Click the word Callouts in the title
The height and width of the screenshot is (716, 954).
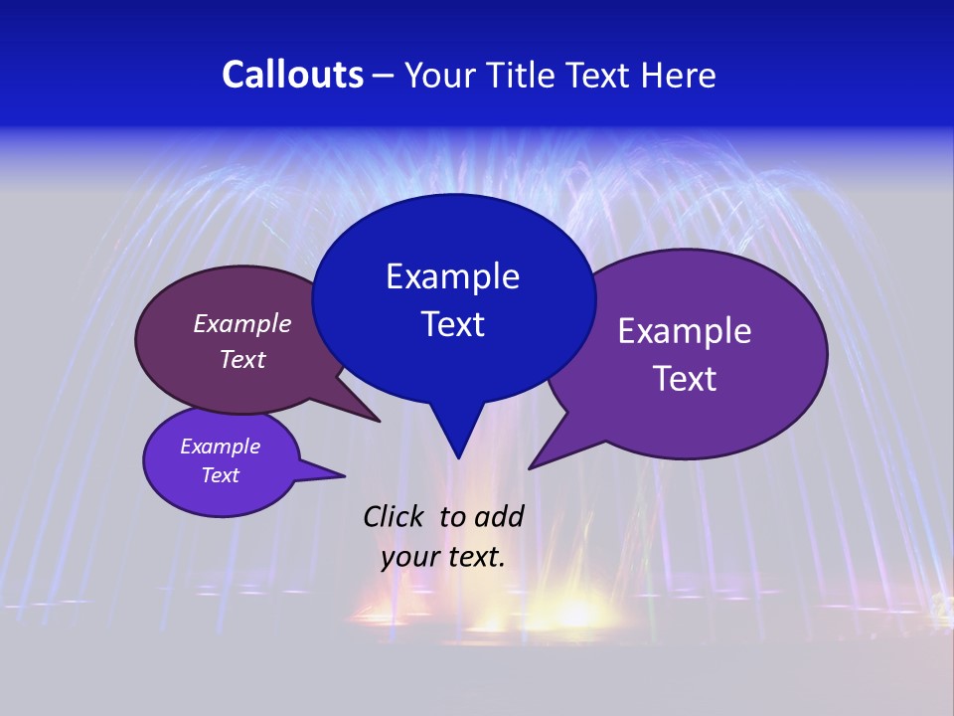tap(293, 75)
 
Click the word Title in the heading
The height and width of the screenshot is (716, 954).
tap(524, 76)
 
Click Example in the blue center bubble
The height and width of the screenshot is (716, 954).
tap(452, 276)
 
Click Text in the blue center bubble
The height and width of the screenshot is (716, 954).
tap(452, 324)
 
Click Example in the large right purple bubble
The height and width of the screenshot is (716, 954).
tap(685, 331)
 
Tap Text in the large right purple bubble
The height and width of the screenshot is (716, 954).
tap(685, 379)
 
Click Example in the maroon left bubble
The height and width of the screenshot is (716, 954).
tap(242, 323)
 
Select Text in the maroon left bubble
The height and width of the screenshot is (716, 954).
tap(242, 359)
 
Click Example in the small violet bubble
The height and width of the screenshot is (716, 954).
tap(221, 447)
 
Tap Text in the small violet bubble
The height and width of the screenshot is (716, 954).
tap(221, 475)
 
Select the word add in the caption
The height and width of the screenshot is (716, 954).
tap(499, 516)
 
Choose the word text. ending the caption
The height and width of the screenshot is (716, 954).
tap(475, 557)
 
